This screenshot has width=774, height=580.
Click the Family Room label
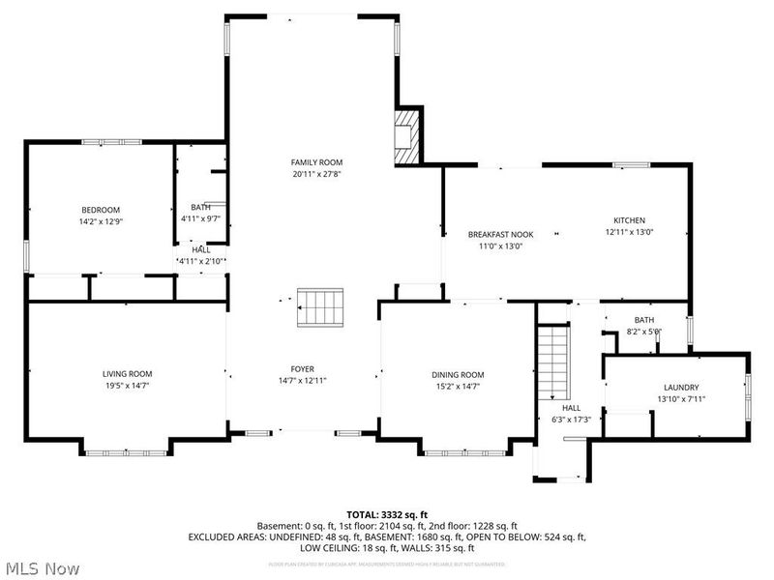point(317,162)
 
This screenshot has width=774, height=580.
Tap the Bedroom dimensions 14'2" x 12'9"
point(101,221)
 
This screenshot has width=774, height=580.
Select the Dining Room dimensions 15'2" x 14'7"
point(458,386)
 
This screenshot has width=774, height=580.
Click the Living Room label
point(128,374)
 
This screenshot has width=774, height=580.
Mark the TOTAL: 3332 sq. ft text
point(387,514)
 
